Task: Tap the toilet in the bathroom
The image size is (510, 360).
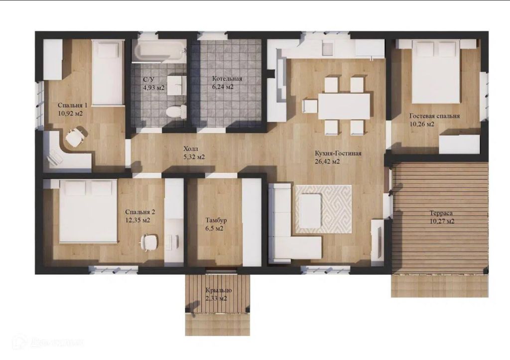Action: (x=176, y=111)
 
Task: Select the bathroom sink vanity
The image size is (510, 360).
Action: (x=177, y=85)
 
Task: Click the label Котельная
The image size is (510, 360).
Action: (x=227, y=79)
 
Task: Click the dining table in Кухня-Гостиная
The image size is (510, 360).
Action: (x=344, y=106)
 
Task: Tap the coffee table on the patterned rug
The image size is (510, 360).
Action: (x=311, y=211)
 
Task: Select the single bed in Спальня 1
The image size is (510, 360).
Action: (x=108, y=73)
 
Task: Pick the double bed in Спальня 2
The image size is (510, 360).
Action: (x=88, y=211)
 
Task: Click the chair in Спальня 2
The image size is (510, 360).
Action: (x=149, y=242)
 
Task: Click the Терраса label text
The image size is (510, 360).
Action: (x=441, y=213)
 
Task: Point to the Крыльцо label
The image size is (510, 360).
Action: (x=219, y=290)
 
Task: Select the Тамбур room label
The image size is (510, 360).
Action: (x=216, y=220)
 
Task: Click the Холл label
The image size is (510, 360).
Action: (x=191, y=149)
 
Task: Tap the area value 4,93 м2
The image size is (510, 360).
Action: (x=154, y=88)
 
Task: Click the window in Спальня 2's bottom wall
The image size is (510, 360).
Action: (x=113, y=269)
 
